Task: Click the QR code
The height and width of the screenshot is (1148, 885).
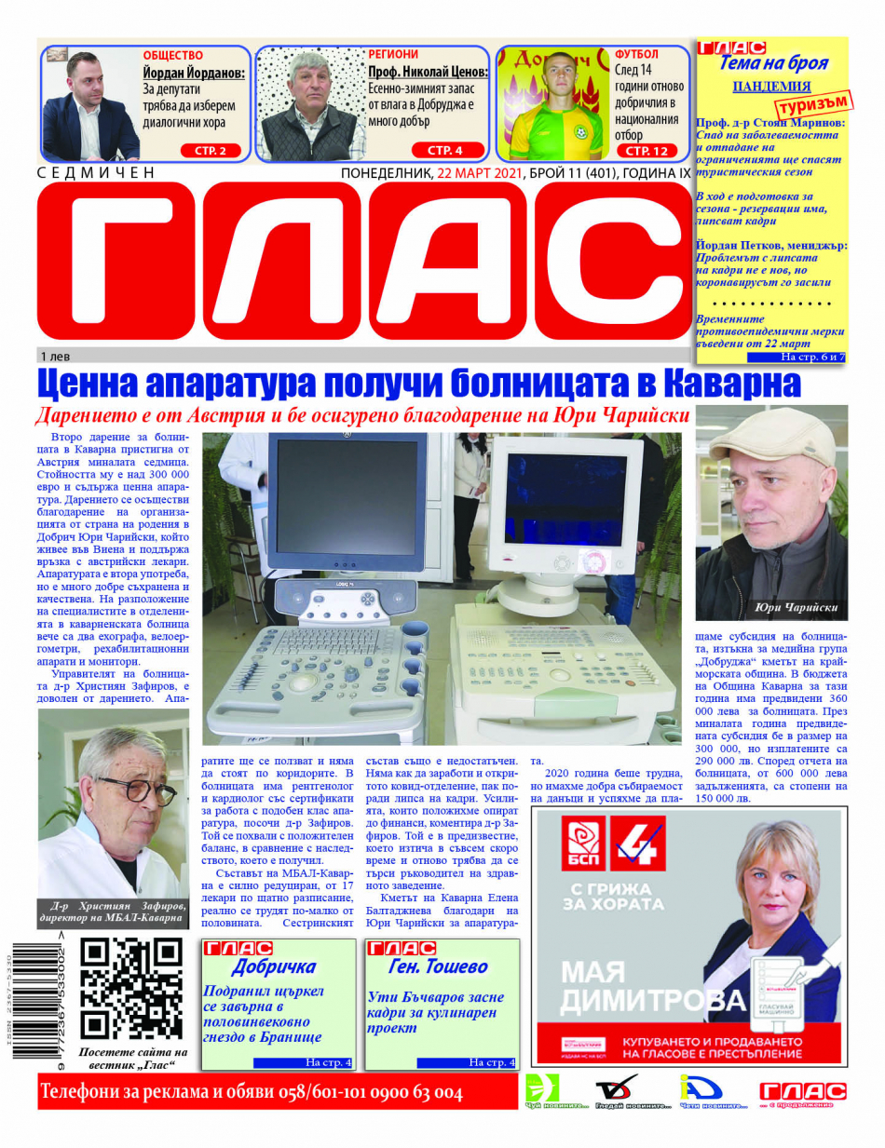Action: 130,988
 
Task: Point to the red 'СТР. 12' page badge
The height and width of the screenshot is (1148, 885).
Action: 647,150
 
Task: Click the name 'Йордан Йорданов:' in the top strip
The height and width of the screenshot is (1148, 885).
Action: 194,73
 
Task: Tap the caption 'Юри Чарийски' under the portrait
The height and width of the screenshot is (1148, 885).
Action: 796,608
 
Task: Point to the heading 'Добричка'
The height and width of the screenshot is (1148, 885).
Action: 273,966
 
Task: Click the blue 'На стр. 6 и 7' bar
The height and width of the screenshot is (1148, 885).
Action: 796,357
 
